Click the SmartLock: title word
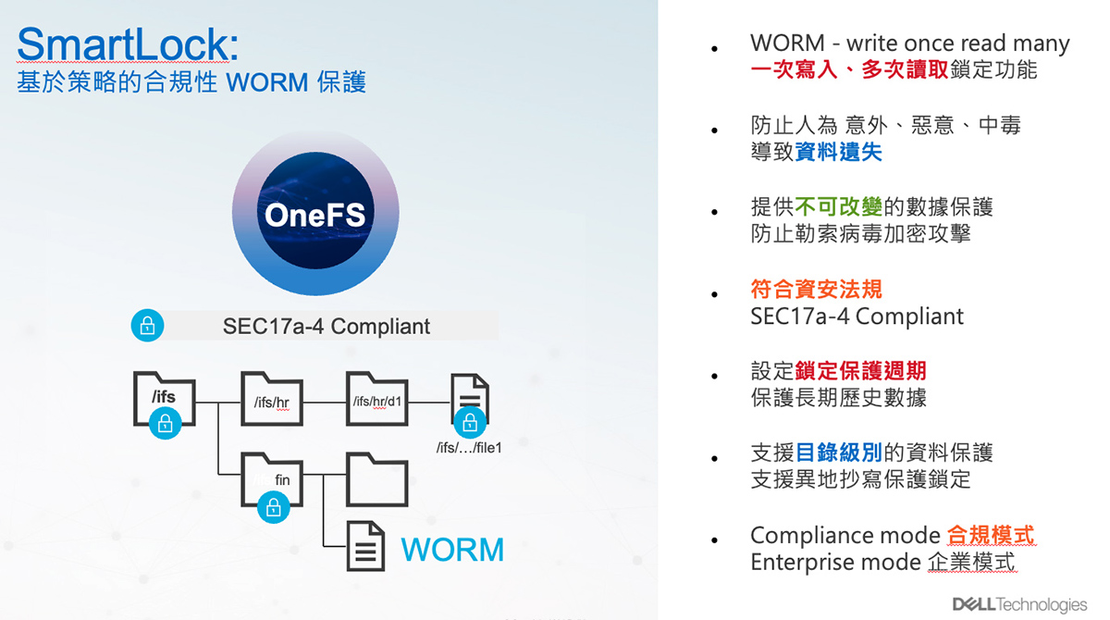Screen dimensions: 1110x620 (x=128, y=43)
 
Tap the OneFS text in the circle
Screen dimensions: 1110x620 (x=315, y=216)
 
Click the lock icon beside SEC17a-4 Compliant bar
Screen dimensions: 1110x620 (x=147, y=326)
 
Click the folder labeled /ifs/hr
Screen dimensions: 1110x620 (x=272, y=399)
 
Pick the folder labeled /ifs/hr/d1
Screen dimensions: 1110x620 (x=377, y=399)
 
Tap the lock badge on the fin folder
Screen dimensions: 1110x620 (x=273, y=507)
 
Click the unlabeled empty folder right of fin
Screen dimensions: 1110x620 (x=377, y=479)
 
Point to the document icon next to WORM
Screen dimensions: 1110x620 (x=365, y=546)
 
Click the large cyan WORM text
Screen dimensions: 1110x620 (x=452, y=550)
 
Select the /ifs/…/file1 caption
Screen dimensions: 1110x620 (x=469, y=448)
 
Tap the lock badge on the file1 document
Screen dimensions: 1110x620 (x=469, y=423)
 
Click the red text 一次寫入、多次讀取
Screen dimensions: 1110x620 (x=849, y=69)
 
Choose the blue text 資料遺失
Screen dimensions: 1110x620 (x=838, y=152)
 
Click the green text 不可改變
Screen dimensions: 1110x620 (x=838, y=206)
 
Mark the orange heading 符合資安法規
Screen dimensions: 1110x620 (x=816, y=289)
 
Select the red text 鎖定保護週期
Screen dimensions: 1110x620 (x=861, y=371)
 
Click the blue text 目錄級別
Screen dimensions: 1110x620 (x=838, y=453)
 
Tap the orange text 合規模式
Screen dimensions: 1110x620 (x=991, y=535)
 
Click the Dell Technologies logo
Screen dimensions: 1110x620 (x=1019, y=604)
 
